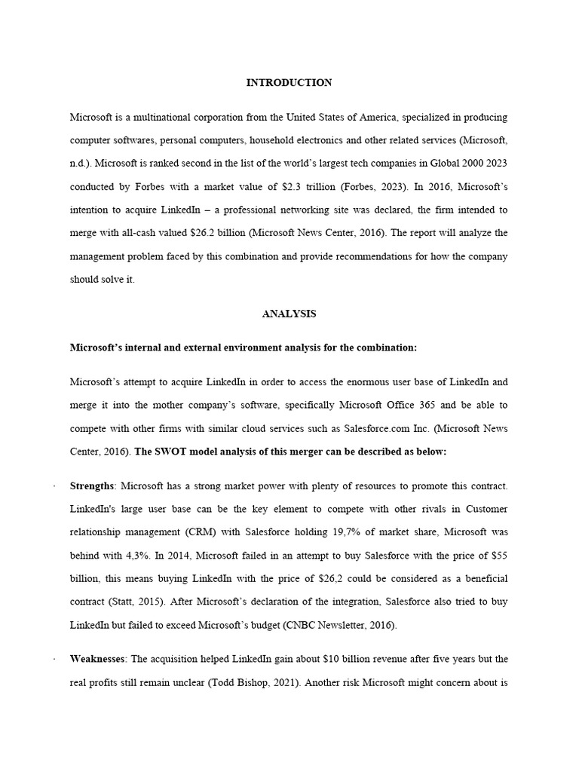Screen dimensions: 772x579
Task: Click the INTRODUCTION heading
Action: pyautogui.click(x=289, y=83)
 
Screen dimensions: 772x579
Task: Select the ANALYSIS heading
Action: pyautogui.click(x=289, y=314)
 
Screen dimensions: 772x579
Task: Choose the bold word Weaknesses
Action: pyautogui.click(x=97, y=659)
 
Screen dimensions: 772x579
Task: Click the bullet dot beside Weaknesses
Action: pyautogui.click(x=55, y=660)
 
